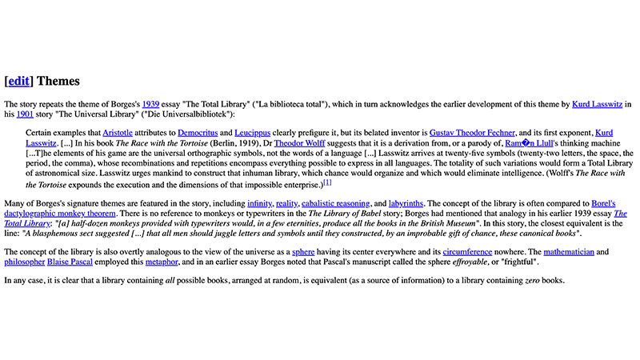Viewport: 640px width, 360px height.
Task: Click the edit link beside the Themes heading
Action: coord(19,81)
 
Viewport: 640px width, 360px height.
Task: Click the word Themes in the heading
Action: coord(58,81)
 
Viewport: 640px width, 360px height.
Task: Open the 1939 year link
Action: coord(151,104)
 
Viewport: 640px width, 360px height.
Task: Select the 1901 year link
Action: coord(23,114)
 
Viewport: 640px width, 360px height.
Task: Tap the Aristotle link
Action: coord(118,132)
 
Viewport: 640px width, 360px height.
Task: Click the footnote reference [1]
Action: coord(328,182)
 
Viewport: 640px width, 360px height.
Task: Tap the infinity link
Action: coord(258,204)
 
